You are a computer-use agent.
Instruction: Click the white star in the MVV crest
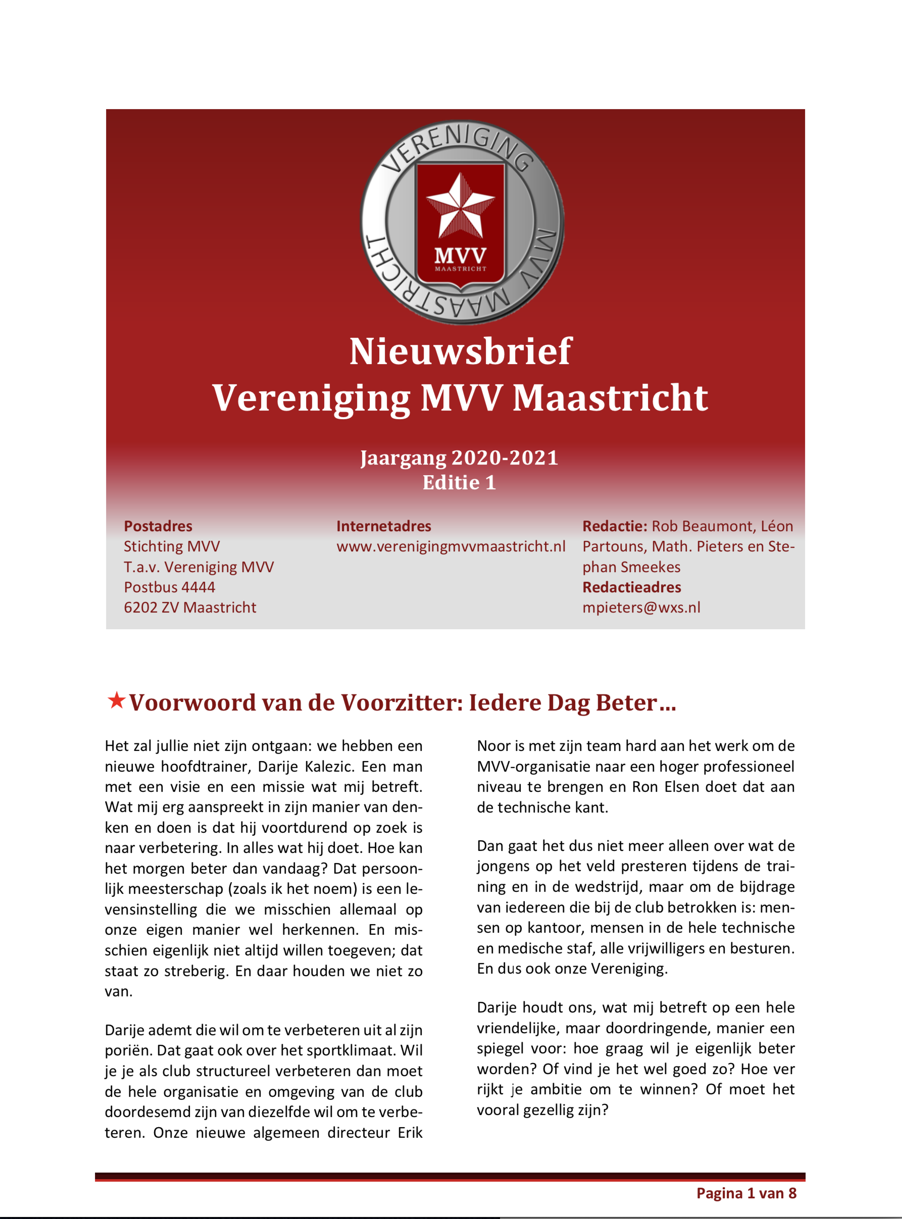point(460,208)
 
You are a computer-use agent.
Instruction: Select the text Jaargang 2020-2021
point(459,458)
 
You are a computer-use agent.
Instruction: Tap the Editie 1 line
point(459,483)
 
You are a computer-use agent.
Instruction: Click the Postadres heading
point(158,526)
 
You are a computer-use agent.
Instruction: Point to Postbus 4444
point(169,587)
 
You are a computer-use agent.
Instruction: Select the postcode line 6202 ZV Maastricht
point(189,607)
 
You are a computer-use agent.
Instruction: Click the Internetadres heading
point(383,526)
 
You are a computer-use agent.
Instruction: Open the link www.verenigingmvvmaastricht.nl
point(450,546)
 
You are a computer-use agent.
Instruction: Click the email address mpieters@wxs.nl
point(641,607)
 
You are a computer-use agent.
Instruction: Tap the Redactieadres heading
point(631,587)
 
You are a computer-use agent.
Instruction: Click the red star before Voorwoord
point(116,700)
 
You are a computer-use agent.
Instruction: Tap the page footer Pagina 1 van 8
point(746,1193)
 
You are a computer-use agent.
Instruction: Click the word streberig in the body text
point(195,971)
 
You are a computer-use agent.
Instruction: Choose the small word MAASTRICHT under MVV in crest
point(460,269)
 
